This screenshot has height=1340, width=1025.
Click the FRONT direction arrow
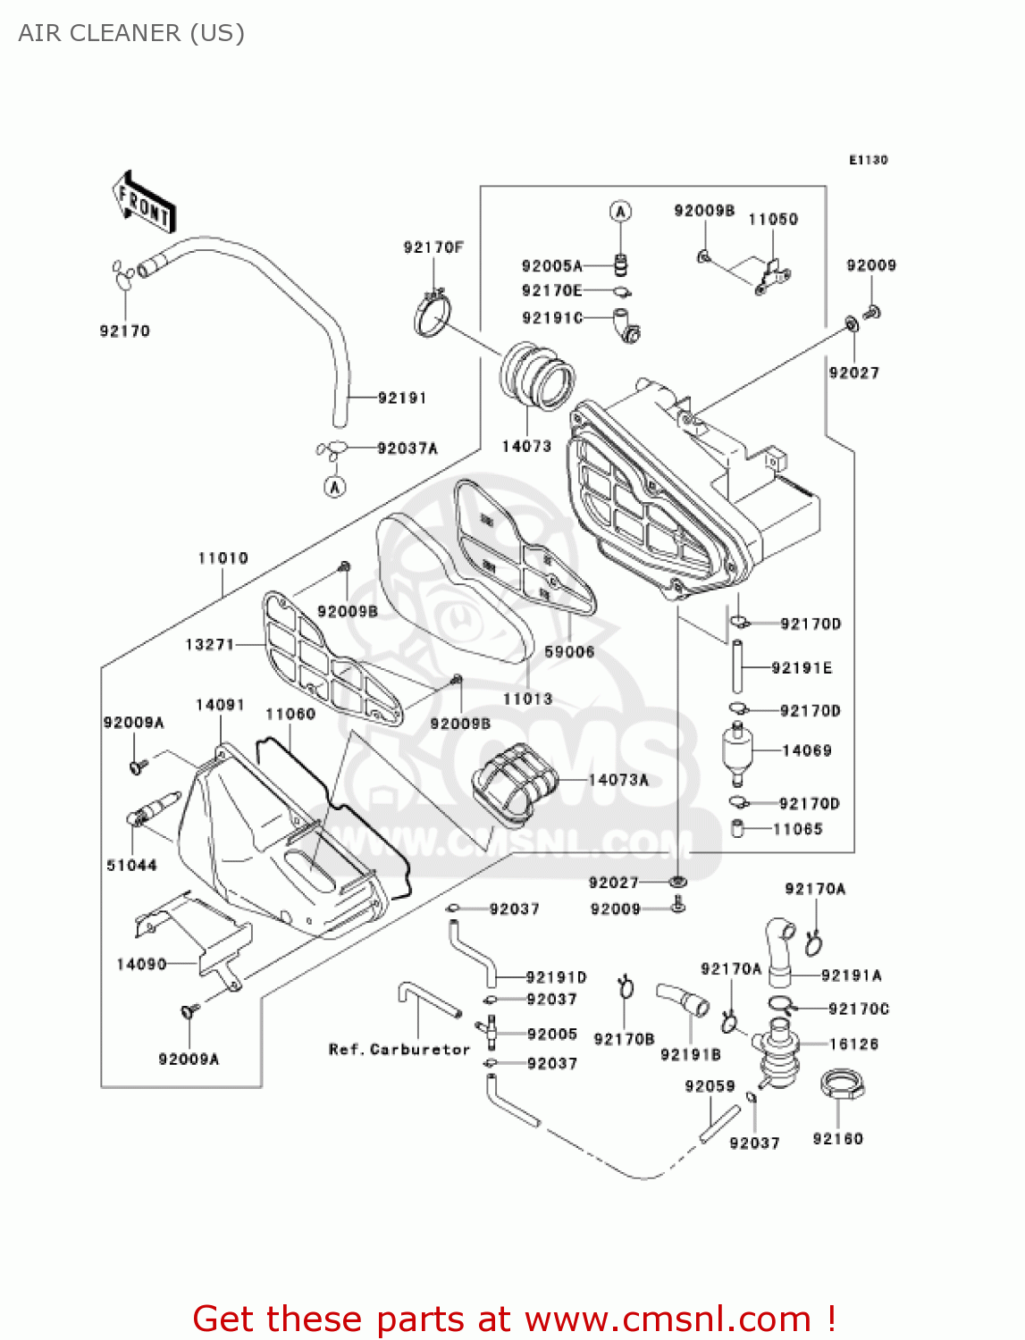pos(144,204)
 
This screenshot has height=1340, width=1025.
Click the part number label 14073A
pos(618,780)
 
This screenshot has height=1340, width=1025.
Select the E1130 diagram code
pos(868,160)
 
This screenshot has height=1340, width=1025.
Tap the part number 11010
pos(223,558)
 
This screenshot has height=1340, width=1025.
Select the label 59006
pos(569,652)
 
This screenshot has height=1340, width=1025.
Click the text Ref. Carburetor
pos(399,1050)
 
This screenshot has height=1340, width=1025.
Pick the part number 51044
pos(131,865)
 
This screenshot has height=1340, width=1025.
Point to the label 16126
pos(853,1043)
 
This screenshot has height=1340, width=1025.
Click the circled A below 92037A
pos(334,487)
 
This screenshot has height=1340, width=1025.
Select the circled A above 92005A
pos(620,212)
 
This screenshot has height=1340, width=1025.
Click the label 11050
pos(773,220)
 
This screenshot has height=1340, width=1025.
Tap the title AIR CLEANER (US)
pos(131,33)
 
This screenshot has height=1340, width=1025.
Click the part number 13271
pos(209,644)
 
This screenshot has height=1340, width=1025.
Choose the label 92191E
pos(802,668)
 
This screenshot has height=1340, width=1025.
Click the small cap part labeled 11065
pos(738,829)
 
